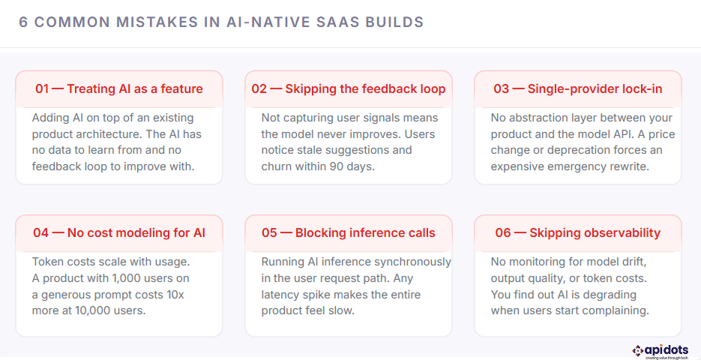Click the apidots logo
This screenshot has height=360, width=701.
point(664,350)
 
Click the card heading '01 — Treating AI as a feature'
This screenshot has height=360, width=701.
point(119,88)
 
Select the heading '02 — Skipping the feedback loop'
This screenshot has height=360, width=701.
point(349,88)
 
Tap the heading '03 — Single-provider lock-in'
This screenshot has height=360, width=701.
point(578,88)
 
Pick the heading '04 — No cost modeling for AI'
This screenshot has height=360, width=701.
point(119,232)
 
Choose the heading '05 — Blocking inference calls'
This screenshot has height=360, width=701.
point(349,232)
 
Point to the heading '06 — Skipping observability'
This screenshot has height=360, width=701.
point(578,232)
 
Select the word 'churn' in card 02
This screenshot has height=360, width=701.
point(278,166)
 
